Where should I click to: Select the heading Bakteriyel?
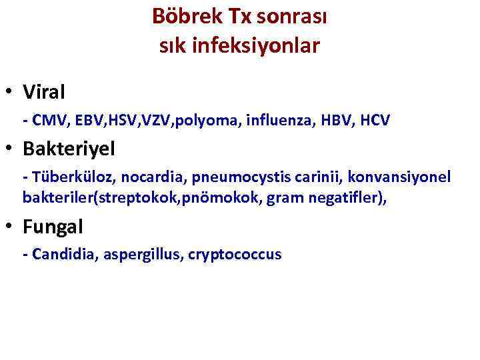coord(69,149)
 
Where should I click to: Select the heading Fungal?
coord(53,227)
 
